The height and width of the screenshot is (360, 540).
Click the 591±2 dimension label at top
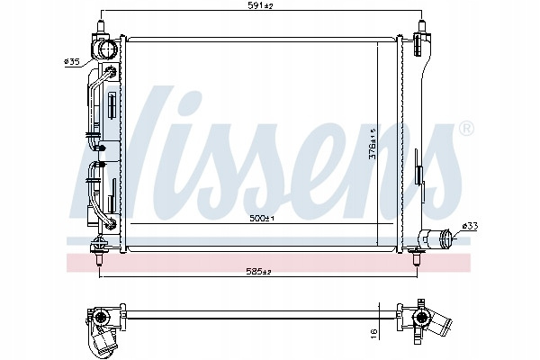coord(261,5)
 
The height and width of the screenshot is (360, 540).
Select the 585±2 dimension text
coord(259,272)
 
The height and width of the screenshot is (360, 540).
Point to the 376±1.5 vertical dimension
coord(373,144)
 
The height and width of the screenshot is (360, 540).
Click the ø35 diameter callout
coord(72,62)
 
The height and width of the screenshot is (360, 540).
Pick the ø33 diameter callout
coord(470,226)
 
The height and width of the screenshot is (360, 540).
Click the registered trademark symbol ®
coord(466,129)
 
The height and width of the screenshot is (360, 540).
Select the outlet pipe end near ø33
coord(446,238)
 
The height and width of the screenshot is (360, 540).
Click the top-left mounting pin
coord(101,27)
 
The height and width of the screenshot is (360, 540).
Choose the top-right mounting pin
coord(421,27)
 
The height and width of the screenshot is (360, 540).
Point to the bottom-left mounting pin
coord(99,258)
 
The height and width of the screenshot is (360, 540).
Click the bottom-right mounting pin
coord(417,258)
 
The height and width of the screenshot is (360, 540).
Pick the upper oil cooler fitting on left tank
coord(112,70)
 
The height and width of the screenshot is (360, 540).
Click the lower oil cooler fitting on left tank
coord(112,224)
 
